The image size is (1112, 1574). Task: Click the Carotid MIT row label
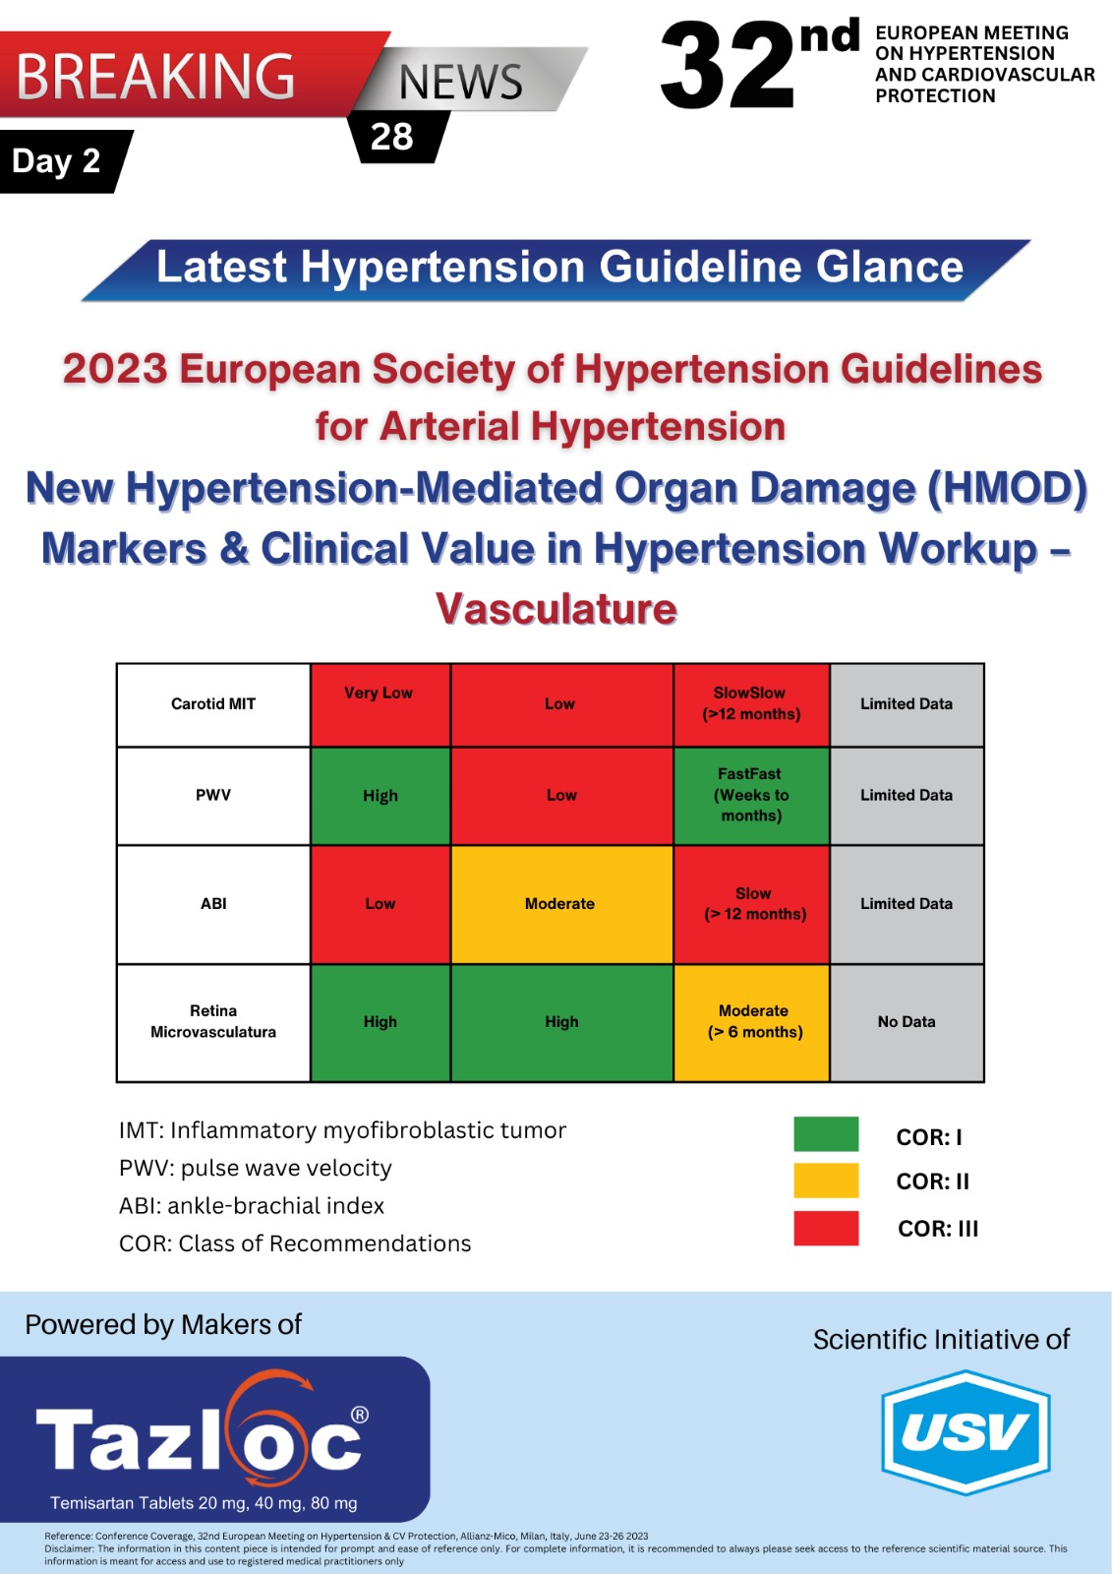click(x=212, y=704)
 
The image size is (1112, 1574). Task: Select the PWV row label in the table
click(x=212, y=796)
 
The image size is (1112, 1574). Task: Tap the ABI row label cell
click(x=212, y=904)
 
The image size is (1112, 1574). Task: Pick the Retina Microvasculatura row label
click(x=212, y=1022)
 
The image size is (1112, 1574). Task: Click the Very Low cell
click(x=380, y=704)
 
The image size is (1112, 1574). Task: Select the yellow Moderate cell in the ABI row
click(x=561, y=904)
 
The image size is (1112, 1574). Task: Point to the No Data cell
click(x=907, y=1022)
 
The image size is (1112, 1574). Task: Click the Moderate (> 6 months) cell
click(x=751, y=1022)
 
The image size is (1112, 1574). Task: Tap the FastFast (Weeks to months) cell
click(x=751, y=796)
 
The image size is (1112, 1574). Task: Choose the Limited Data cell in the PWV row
click(x=907, y=796)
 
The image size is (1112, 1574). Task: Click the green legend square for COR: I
click(x=826, y=1133)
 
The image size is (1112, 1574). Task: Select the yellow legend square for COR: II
click(x=826, y=1180)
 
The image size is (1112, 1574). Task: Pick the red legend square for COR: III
click(x=826, y=1228)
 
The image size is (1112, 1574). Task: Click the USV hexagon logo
click(x=966, y=1431)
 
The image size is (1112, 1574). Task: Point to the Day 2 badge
click(x=63, y=161)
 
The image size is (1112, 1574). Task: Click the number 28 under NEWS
click(x=391, y=137)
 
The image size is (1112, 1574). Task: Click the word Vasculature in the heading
click(x=556, y=609)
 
